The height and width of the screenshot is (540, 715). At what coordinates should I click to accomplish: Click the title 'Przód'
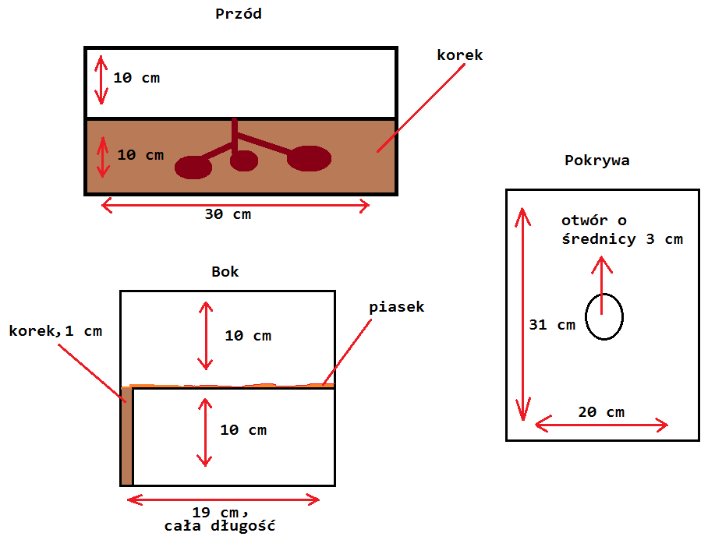tap(238, 13)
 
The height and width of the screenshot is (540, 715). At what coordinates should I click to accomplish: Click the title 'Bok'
tap(225, 272)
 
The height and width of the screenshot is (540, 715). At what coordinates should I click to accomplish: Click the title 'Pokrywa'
tap(596, 161)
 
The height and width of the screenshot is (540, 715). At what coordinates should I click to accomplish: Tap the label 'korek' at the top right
tap(459, 55)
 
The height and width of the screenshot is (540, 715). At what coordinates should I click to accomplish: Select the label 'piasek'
tap(397, 306)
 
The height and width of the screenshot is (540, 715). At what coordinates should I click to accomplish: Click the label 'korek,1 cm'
tap(55, 331)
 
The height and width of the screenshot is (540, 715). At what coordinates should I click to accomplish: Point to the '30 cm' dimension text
tap(228, 214)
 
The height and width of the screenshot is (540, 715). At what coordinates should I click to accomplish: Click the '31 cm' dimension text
tap(552, 325)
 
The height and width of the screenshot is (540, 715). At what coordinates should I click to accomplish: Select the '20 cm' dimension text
tap(600, 411)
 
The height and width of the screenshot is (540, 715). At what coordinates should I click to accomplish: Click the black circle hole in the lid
tap(604, 317)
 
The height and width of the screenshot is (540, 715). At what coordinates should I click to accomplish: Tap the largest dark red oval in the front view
tap(309, 158)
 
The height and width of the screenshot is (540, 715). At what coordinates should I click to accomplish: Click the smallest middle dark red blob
tap(244, 161)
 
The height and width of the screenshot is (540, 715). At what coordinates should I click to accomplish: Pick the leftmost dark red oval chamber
tap(193, 167)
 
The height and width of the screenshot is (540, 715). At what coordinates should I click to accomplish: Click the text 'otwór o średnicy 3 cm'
tap(621, 231)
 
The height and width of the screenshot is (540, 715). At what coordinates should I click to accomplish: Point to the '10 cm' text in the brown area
tap(140, 154)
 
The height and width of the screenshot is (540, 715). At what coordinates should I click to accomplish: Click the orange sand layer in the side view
tap(234, 385)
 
